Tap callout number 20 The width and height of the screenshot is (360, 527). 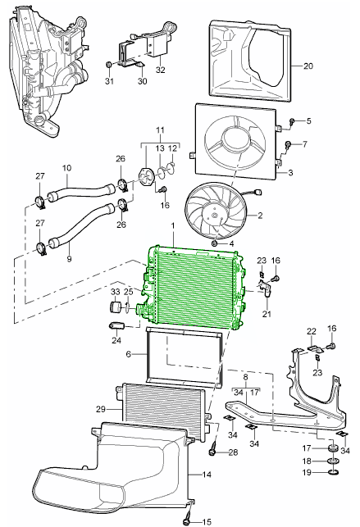(308, 65)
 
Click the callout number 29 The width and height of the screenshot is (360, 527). (100, 407)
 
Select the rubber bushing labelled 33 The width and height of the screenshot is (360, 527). (116, 308)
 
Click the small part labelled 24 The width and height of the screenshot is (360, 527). (116, 327)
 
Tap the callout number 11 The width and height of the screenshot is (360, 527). (161, 130)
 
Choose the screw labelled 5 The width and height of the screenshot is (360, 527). (292, 121)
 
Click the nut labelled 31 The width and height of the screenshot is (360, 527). (109, 63)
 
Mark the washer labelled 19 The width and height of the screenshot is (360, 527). (332, 473)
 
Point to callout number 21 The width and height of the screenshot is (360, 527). (267, 313)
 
